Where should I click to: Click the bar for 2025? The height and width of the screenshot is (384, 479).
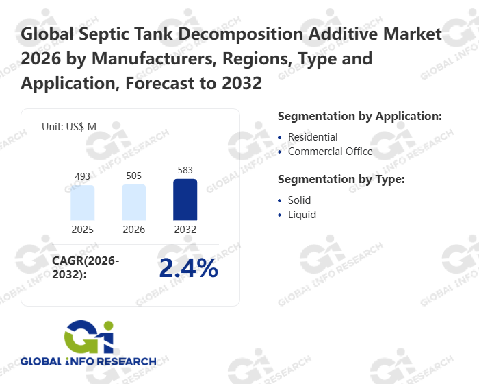83,202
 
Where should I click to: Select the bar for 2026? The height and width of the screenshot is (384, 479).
134,202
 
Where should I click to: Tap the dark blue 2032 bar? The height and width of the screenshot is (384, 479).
185,200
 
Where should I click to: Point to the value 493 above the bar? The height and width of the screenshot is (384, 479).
83,177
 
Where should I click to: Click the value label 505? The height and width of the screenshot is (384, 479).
134,176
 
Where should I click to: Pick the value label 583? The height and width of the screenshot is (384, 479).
185,170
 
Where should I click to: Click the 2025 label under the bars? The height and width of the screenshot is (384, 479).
83,230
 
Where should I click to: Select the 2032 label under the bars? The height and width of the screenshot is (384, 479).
185,230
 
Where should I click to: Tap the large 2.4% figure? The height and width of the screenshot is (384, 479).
188,269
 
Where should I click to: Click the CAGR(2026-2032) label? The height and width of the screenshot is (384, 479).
86,268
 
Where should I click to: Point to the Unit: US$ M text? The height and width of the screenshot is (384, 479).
69,127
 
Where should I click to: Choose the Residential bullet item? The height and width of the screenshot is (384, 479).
313,137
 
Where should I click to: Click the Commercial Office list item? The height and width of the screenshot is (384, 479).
330,152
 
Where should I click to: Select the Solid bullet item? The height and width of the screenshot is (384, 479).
299,200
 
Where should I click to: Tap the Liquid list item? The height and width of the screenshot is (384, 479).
302,215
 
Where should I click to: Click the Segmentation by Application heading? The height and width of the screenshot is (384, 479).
360,116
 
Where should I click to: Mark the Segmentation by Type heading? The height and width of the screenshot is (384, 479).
341,180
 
